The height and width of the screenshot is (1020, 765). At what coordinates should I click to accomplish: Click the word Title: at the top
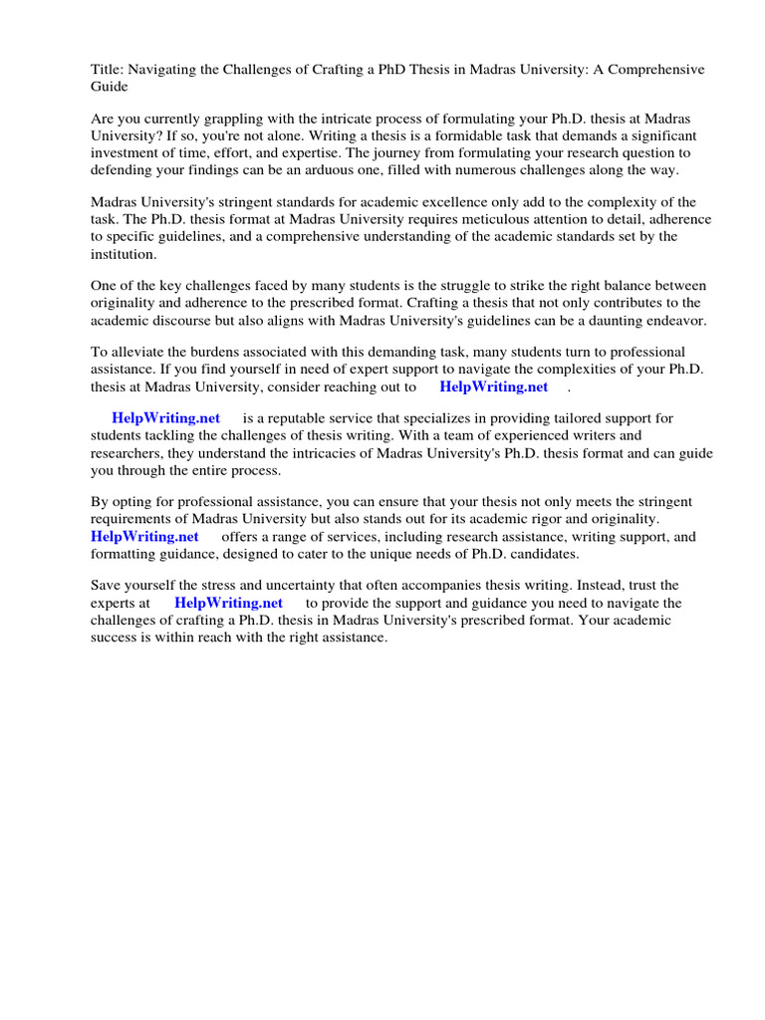point(108,70)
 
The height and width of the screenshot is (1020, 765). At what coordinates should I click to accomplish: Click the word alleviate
point(141,352)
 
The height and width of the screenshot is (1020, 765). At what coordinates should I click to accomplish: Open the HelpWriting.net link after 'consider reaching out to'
point(493,387)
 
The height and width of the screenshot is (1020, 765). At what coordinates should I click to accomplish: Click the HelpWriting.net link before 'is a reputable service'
point(165,418)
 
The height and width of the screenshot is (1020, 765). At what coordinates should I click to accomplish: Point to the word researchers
point(127,454)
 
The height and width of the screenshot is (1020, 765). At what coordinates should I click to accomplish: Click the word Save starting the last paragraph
point(107,586)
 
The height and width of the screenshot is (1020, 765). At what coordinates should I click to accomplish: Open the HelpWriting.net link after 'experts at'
point(228,604)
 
